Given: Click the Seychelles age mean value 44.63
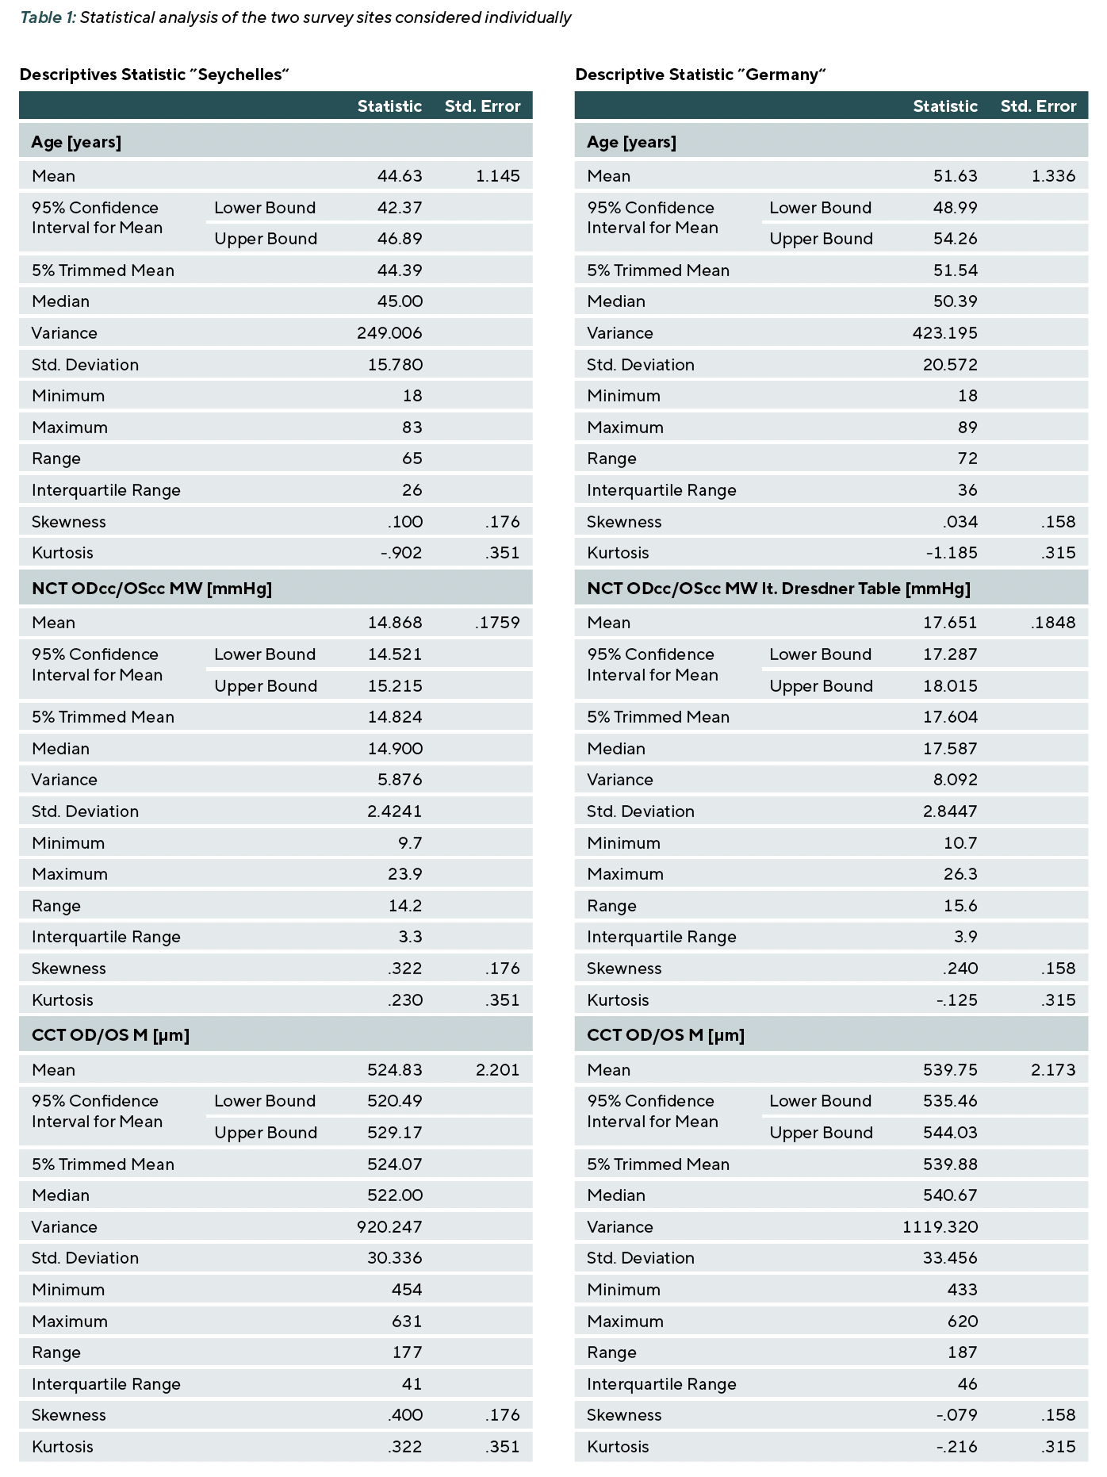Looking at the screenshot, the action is tap(400, 176).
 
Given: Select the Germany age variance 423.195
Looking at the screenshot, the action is tap(945, 333).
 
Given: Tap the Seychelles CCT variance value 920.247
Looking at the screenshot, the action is tap(389, 1227).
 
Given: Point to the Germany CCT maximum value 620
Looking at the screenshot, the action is tap(963, 1322).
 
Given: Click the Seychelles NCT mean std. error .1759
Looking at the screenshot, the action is tap(498, 623).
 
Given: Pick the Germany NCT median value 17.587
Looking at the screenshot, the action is tap(951, 749).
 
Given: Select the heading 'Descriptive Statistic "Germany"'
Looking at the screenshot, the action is tap(701, 75).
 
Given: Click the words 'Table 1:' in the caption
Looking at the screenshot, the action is tap(48, 17).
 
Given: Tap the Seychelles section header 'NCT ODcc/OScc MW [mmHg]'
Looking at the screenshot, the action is tap(151, 589).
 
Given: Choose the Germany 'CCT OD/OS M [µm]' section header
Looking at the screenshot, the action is tap(665, 1035).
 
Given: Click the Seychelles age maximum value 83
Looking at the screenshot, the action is tap(412, 428).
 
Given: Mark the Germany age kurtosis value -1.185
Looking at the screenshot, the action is tap(952, 553).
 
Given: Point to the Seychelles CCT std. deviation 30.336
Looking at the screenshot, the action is tap(395, 1258).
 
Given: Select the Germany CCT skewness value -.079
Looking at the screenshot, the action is tap(957, 1415).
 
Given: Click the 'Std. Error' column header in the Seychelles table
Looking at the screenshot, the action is tap(483, 106).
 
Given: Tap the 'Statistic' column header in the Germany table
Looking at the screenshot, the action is tap(945, 106).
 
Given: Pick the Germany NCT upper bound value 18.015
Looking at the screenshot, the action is tap(951, 686).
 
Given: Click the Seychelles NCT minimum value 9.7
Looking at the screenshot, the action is tap(411, 843).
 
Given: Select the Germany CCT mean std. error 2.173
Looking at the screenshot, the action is tap(1054, 1070).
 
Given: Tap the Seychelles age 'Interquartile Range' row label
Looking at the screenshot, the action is tap(106, 490).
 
